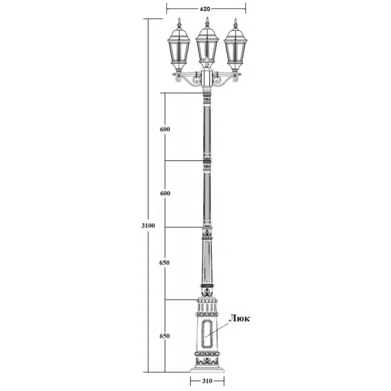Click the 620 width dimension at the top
(x=205, y=9)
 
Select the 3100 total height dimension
(x=148, y=226)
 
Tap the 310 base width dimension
(x=207, y=381)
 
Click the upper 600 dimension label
(x=165, y=129)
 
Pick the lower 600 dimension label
(x=165, y=193)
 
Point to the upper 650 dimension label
(x=165, y=262)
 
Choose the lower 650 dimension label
(x=165, y=336)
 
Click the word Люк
(x=239, y=319)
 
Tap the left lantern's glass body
(x=178, y=52)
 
